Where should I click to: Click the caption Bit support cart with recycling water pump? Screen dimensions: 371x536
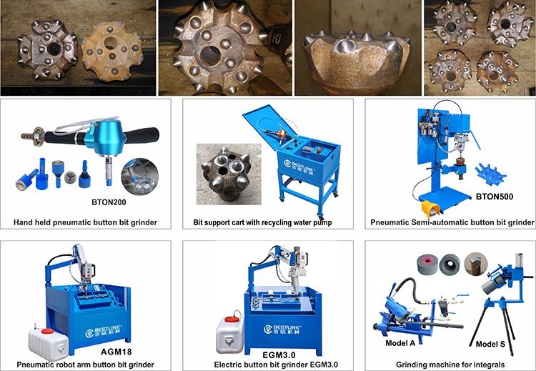(x=268, y=222)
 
